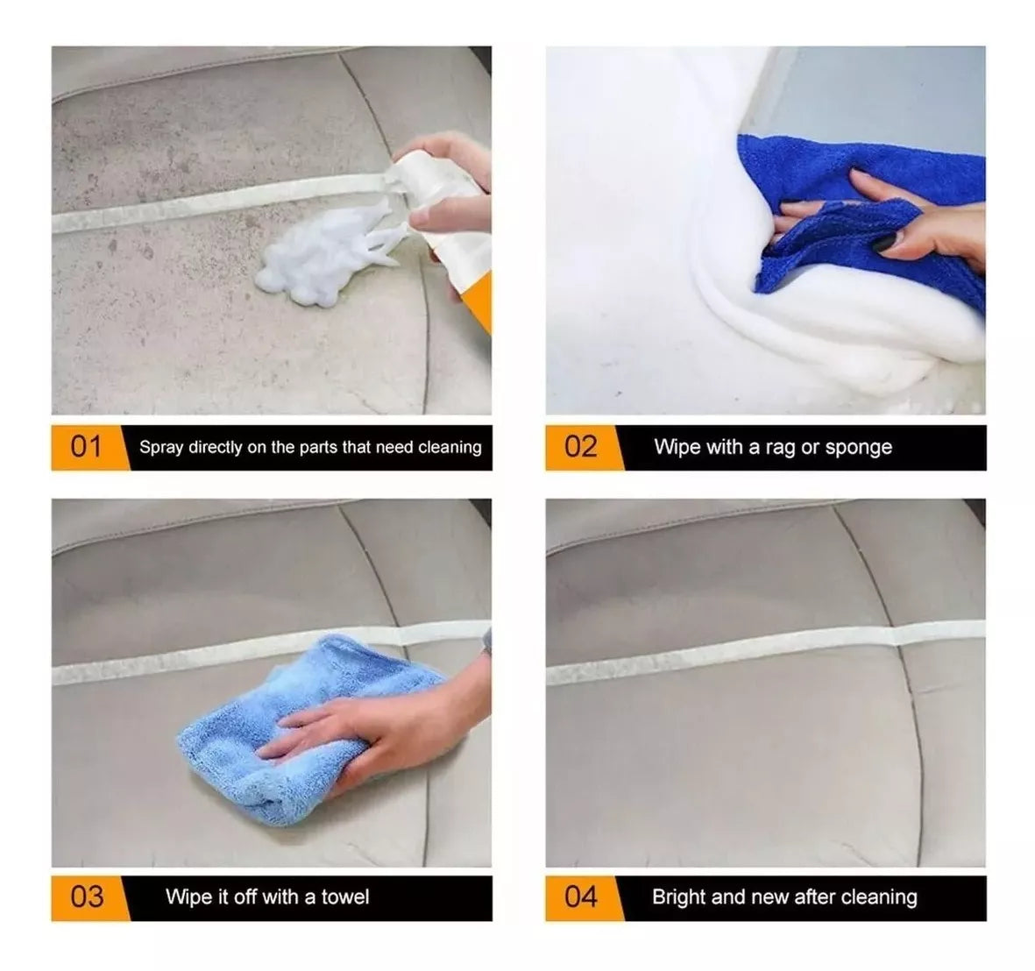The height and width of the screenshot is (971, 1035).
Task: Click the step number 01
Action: [x=86, y=447]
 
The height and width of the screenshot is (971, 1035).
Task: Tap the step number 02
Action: [x=580, y=447]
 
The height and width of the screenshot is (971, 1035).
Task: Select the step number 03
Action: [x=87, y=897]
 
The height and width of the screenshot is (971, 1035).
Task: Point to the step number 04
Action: [x=581, y=897]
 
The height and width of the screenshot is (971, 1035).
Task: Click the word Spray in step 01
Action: [x=161, y=448]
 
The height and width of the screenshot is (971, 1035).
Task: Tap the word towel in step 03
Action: [x=345, y=897]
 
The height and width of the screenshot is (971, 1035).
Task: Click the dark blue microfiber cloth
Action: [x=858, y=218]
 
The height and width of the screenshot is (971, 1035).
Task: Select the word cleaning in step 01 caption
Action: [x=450, y=448]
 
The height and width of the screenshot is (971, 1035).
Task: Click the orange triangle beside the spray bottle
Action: [x=479, y=301]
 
